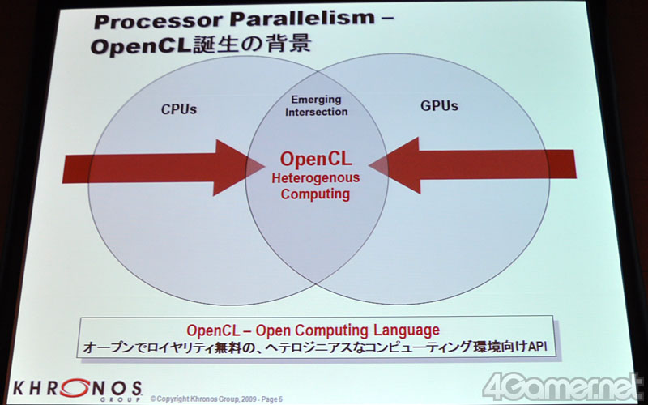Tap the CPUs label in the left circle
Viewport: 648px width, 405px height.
pos(179,109)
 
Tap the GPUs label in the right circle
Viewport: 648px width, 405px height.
pos(439,106)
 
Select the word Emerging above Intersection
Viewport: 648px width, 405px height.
pos(316,100)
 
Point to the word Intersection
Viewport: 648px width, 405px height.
pos(316,112)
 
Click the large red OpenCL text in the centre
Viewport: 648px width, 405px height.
pos(316,159)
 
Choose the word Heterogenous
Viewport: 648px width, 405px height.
pos(316,178)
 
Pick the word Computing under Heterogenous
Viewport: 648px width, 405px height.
pos(315,194)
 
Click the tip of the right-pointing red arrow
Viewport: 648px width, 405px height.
pos(265,167)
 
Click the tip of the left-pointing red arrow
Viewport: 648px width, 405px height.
pos(369,166)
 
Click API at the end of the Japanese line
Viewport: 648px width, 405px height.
pos(538,347)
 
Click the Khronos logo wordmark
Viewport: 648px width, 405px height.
pos(77,390)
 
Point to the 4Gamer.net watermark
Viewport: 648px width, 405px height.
pos(561,387)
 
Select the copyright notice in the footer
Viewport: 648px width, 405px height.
pos(216,399)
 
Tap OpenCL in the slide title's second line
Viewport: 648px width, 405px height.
pos(141,47)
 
